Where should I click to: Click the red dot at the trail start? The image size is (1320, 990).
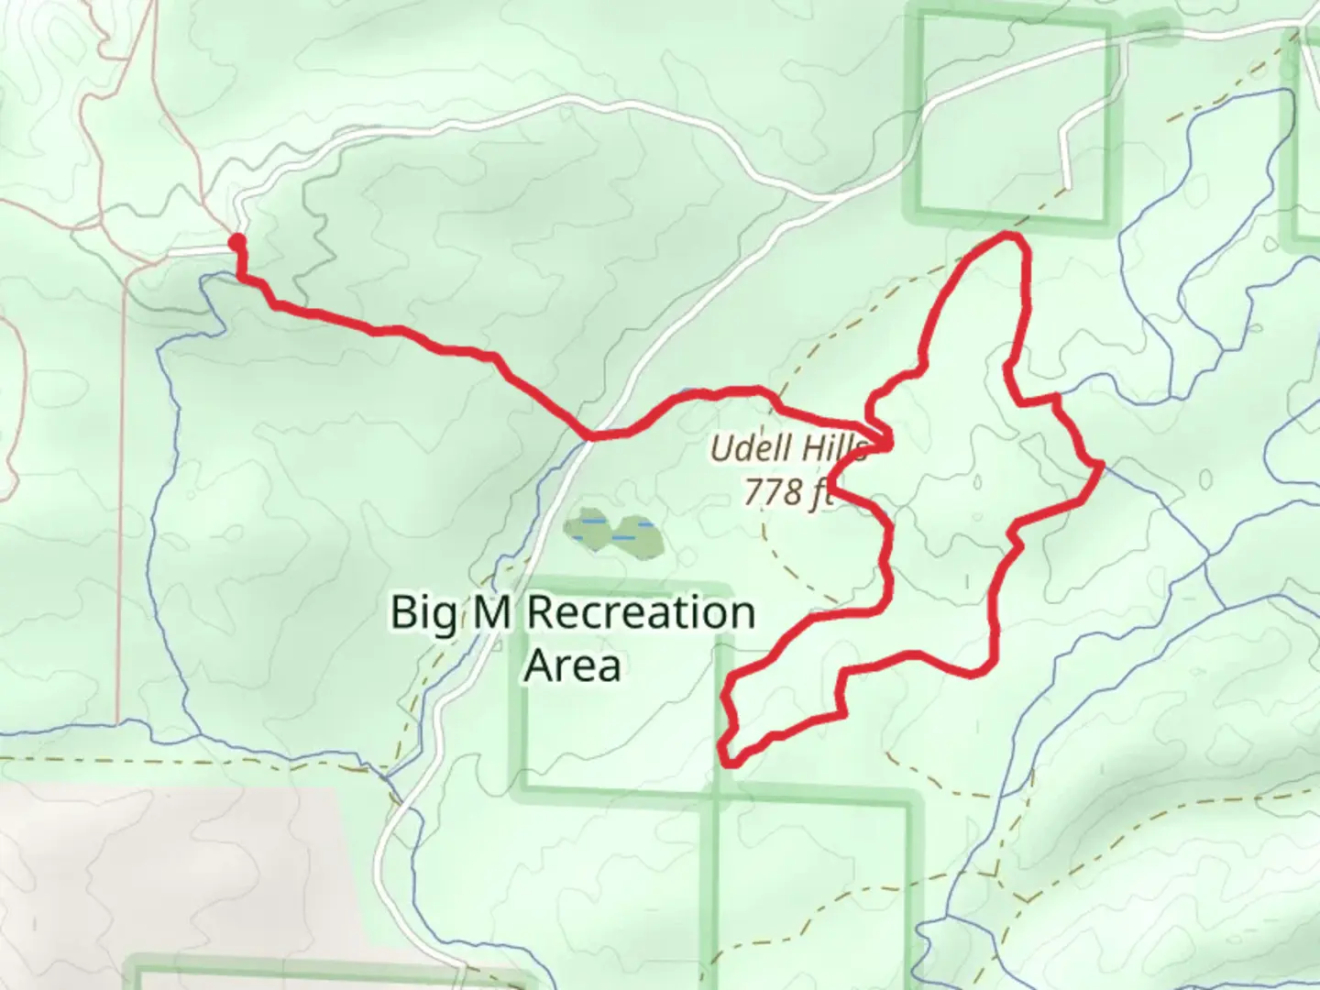click(x=236, y=242)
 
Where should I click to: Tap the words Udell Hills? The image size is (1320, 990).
click(x=788, y=449)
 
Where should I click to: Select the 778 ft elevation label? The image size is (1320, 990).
click(x=786, y=493)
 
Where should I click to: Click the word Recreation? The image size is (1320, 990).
click(x=641, y=612)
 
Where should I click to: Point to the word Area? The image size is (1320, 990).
click(x=572, y=666)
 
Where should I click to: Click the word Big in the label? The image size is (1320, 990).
click(x=423, y=613)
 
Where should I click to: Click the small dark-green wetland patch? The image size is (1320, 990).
click(x=615, y=533)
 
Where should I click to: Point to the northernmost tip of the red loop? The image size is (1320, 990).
click(x=1012, y=237)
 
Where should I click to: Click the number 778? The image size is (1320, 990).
click(x=772, y=493)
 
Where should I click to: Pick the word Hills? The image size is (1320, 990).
click(x=834, y=449)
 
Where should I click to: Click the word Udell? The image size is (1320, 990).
click(x=742, y=449)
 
